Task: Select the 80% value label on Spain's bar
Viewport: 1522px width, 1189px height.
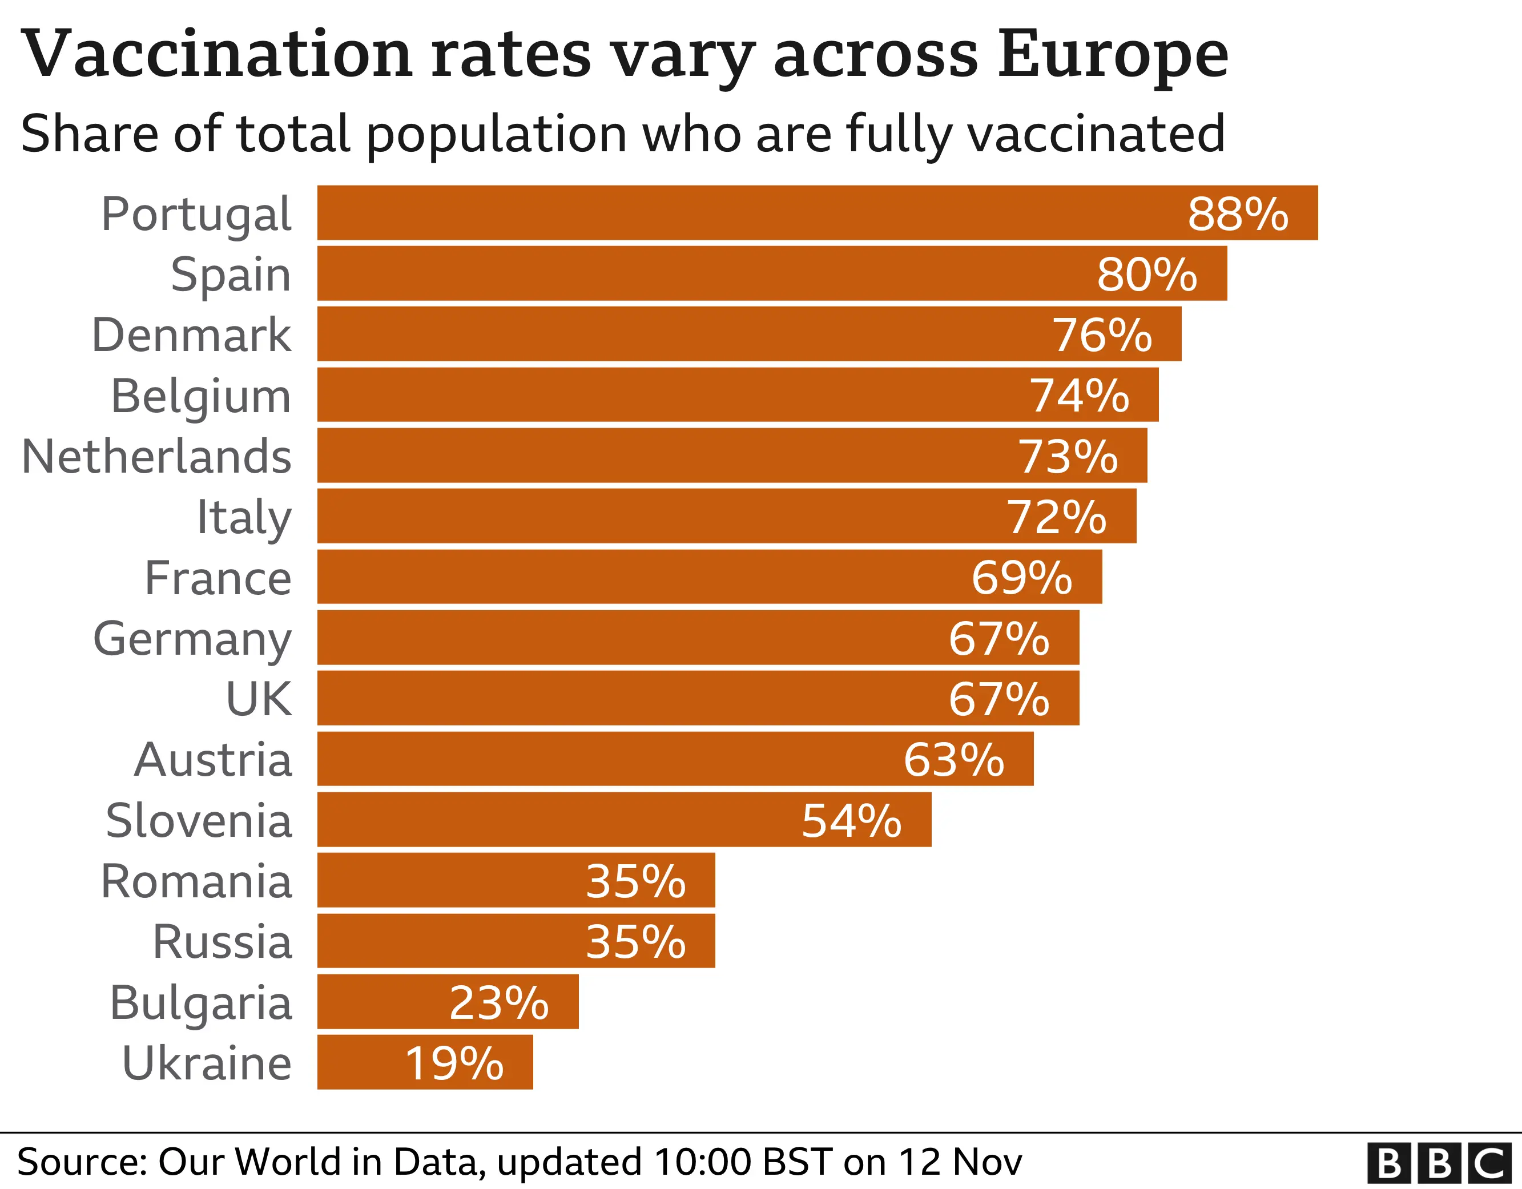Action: pyautogui.click(x=1146, y=274)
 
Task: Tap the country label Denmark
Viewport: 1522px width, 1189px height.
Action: pyautogui.click(x=192, y=335)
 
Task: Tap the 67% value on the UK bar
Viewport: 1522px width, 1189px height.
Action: pyautogui.click(x=998, y=699)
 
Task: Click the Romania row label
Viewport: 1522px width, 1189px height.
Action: pyautogui.click(x=196, y=882)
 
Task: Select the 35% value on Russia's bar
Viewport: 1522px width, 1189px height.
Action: pyautogui.click(x=635, y=942)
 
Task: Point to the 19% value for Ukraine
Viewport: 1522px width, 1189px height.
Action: pyautogui.click(x=454, y=1063)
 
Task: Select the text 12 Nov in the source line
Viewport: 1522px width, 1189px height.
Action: pyautogui.click(x=960, y=1162)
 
